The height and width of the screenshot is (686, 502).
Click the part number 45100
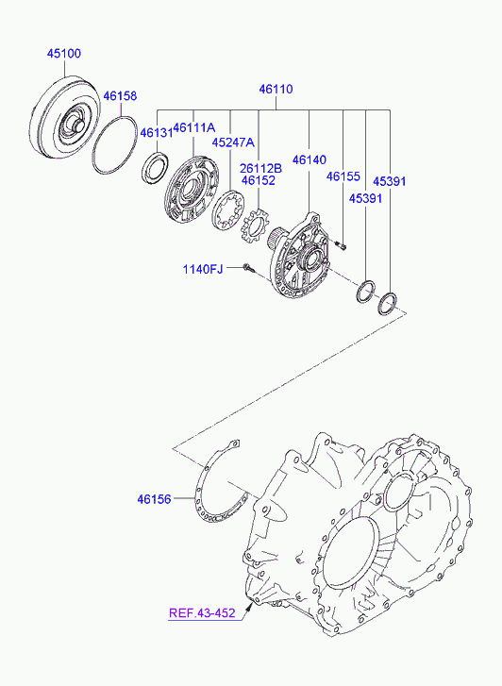click(64, 54)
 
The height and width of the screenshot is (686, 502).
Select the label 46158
click(120, 96)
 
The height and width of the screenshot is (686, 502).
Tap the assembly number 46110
click(276, 90)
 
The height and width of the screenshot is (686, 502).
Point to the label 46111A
click(194, 127)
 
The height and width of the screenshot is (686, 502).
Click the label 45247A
click(233, 142)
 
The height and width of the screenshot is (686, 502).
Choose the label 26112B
click(260, 169)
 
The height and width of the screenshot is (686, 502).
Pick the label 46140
click(310, 160)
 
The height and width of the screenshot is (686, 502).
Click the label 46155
click(343, 176)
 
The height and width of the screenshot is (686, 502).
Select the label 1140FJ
click(203, 269)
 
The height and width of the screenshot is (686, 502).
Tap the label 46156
click(154, 499)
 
